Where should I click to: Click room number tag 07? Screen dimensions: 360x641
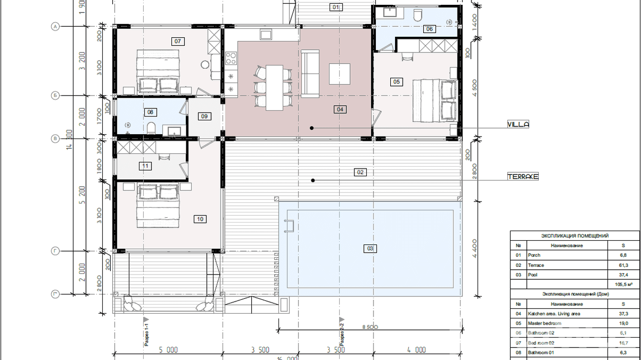(178, 42)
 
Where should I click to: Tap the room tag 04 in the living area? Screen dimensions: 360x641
(340, 109)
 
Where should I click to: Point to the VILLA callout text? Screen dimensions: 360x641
(518, 125)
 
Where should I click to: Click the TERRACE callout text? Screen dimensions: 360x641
(523, 177)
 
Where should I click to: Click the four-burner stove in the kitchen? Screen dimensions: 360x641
(231, 58)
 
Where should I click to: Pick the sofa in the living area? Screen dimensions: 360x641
(310, 74)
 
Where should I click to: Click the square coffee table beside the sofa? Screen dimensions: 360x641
(339, 74)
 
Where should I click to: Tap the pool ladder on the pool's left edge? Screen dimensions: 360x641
(288, 226)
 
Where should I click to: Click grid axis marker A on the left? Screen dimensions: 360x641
(55, 27)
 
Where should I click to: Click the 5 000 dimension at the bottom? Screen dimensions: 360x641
(168, 350)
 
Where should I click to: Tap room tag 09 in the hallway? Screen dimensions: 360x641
(204, 116)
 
